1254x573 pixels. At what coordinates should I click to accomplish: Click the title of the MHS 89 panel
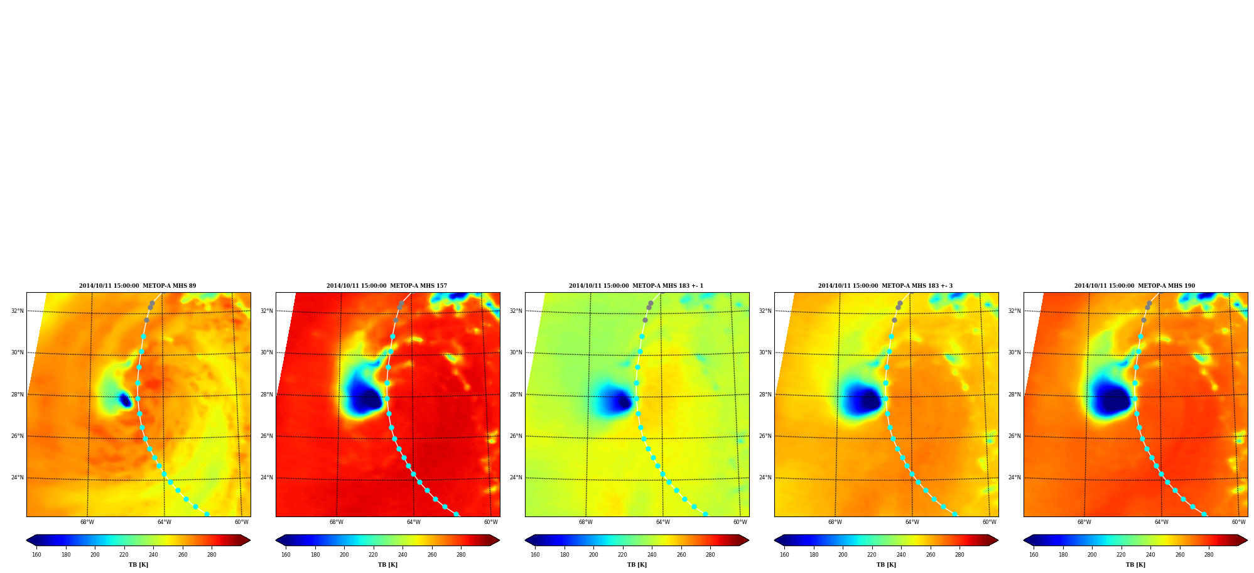pos(138,286)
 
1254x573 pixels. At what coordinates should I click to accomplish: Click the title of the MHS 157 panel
pos(387,286)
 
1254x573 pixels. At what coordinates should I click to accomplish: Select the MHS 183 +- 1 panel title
pos(636,286)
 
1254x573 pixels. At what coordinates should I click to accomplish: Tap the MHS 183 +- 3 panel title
pos(885,286)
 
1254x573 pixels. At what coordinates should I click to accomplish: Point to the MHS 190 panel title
pos(1135,286)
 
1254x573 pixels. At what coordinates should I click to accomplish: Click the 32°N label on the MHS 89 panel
pos(18,311)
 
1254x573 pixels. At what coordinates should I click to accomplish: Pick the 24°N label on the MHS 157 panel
pos(267,477)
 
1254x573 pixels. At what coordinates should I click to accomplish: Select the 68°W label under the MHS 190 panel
pos(1084,522)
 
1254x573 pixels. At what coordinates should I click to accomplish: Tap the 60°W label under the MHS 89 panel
pos(242,522)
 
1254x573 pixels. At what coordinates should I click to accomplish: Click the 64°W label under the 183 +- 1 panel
pos(663,522)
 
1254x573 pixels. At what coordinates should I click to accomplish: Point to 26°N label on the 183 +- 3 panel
pos(765,436)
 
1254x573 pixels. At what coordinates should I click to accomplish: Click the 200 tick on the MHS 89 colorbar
pos(95,555)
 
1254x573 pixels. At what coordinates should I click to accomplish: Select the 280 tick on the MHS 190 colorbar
pos(1209,555)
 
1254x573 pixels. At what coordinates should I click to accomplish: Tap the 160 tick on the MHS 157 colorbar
pos(286,555)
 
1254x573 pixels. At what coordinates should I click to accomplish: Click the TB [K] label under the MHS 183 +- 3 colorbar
pos(886,565)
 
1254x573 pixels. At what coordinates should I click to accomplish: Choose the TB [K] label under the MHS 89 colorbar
pos(138,565)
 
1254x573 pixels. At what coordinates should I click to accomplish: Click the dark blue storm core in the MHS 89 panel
pos(125,400)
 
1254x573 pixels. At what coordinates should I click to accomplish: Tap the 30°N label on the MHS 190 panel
pos(1015,352)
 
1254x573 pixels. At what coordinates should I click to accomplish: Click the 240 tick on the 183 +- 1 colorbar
pos(652,555)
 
